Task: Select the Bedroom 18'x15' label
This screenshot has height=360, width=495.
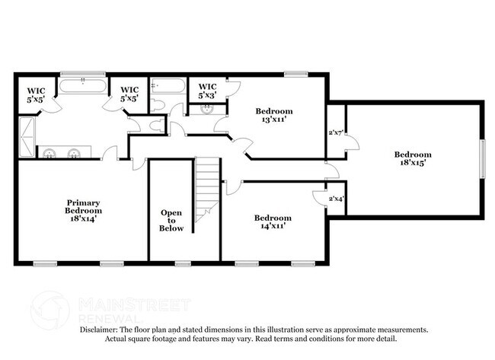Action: pyautogui.click(x=414, y=158)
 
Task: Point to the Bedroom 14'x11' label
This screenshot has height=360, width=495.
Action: pyautogui.click(x=273, y=221)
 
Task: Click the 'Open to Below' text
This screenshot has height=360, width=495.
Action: pyautogui.click(x=171, y=221)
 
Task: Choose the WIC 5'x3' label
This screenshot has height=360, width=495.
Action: pyautogui.click(x=206, y=91)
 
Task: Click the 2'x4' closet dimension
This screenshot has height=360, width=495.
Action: pyautogui.click(x=336, y=199)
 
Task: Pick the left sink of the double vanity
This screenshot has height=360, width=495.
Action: pyautogui.click(x=49, y=153)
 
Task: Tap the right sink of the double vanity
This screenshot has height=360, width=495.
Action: pyautogui.click(x=74, y=153)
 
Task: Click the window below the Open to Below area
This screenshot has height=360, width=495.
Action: pyautogui.click(x=183, y=263)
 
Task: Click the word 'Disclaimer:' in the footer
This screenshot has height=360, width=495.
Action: pyautogui.click(x=101, y=330)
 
